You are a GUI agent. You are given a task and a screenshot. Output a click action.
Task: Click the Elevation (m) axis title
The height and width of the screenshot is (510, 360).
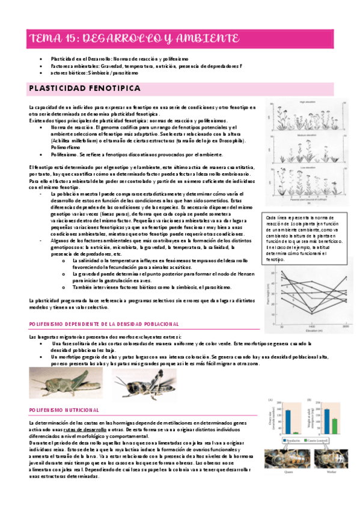point(315,330)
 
